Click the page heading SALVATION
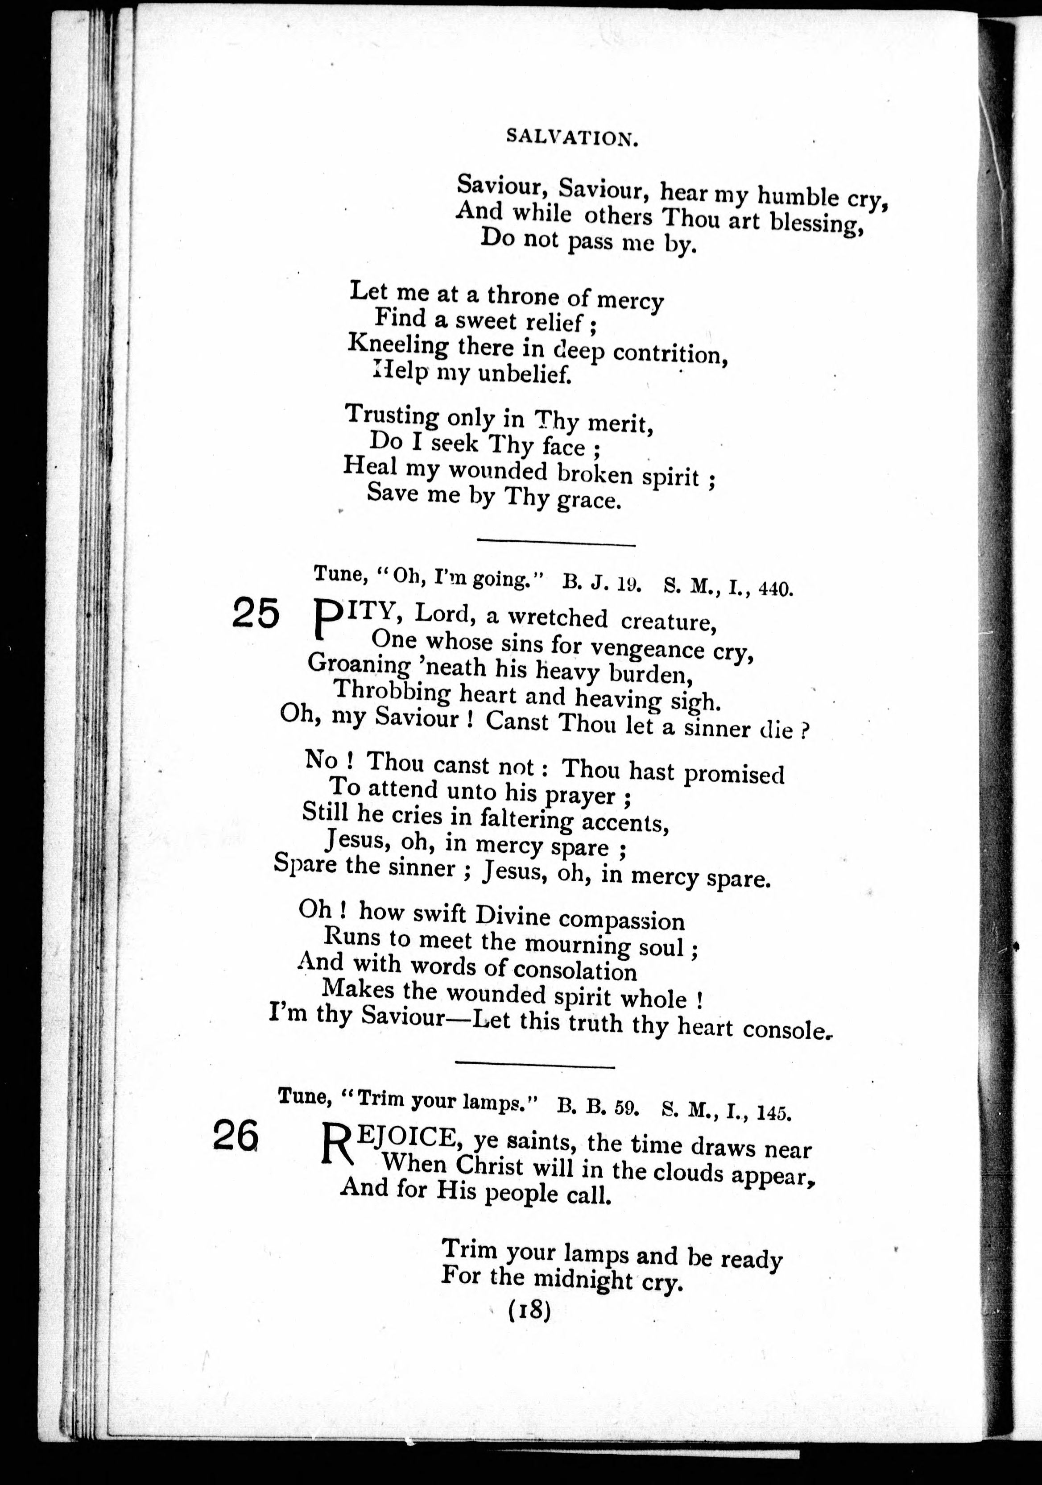pos(572,138)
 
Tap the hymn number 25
pos(255,613)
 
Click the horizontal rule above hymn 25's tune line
pos(556,543)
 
